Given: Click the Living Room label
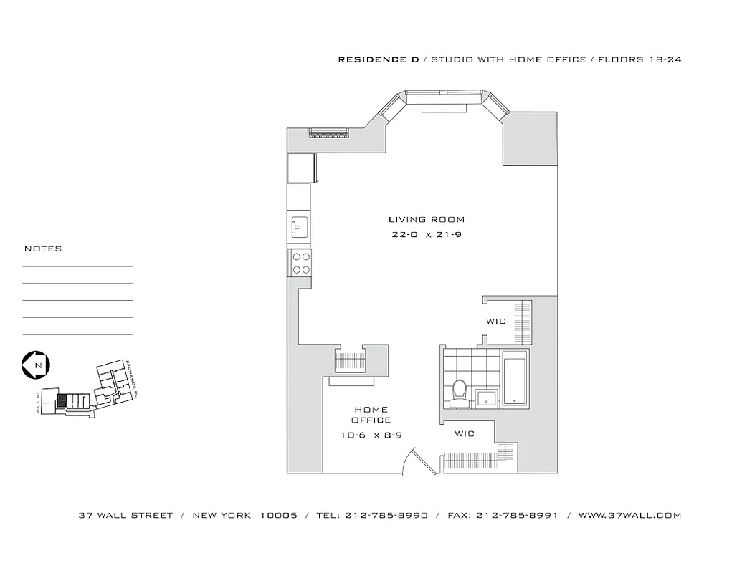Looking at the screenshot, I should pyautogui.click(x=426, y=220).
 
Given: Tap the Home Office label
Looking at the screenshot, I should pyautogui.click(x=371, y=415).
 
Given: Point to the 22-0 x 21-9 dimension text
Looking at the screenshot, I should pyautogui.click(x=426, y=235).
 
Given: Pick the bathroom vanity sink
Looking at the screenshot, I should pyautogui.click(x=485, y=397).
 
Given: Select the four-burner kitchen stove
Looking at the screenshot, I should pyautogui.click(x=300, y=263).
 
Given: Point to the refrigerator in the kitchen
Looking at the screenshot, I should pyautogui.click(x=300, y=169).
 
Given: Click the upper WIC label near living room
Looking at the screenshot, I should pyautogui.click(x=496, y=322).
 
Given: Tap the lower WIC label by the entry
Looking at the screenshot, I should pyautogui.click(x=465, y=434).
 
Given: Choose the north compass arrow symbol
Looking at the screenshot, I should pyautogui.click(x=34, y=365).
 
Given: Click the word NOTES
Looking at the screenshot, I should pyautogui.click(x=43, y=249).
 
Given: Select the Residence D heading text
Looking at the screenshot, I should pyautogui.click(x=379, y=60).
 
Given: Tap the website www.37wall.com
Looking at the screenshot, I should pyautogui.click(x=629, y=515).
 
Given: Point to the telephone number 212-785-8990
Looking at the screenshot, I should pyautogui.click(x=386, y=515).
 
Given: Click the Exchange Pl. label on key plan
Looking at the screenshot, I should pyautogui.click(x=130, y=377).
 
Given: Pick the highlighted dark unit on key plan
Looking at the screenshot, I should pyautogui.click(x=62, y=401).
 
